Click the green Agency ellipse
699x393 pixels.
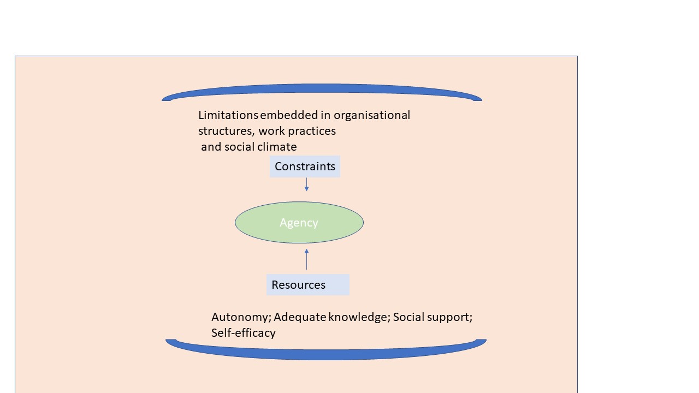click(x=299, y=222)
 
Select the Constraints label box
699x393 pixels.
click(x=305, y=166)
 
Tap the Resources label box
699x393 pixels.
click(x=308, y=285)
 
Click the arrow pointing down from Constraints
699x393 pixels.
click(x=306, y=184)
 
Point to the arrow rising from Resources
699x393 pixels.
click(x=306, y=259)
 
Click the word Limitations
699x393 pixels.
click(x=228, y=115)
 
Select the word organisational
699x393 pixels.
click(x=372, y=115)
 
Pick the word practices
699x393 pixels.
click(x=312, y=131)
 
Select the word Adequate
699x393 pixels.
click(x=300, y=317)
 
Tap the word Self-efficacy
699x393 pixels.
click(x=244, y=333)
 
